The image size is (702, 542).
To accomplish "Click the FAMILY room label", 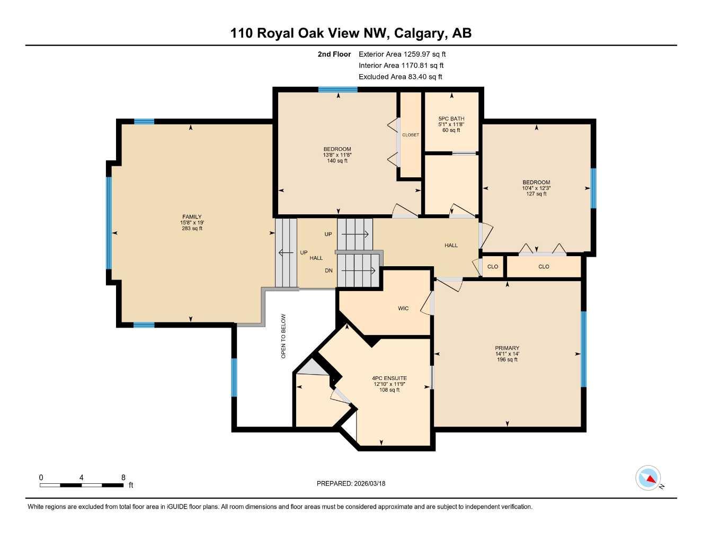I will coord(192,216).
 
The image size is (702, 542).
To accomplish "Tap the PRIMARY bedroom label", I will coord(507,348).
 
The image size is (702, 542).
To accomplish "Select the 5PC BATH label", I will coord(451,119).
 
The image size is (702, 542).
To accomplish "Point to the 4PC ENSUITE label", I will coord(389,378).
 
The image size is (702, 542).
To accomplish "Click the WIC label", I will coord(403,308).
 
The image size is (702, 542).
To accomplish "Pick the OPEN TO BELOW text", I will coord(283,336).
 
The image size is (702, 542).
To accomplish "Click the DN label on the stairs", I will coord(328,270).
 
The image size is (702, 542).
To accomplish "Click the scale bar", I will coord(82,485).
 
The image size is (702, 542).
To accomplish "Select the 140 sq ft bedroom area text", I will coord(337,161).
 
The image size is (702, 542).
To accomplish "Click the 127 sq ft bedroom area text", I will coord(536,194).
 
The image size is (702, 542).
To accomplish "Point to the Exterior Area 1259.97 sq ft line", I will coord(402,54).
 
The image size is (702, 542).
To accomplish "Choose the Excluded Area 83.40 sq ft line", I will coord(400,77).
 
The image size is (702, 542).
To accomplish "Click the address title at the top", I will coord(351,33).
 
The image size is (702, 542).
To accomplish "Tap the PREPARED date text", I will coord(351,483).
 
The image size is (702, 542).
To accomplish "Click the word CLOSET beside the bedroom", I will coord(411,135).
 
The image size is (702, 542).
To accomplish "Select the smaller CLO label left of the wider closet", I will coord(493,267).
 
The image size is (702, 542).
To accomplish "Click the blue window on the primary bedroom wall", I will coord(584,349).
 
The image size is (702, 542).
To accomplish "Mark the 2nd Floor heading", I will coord(334,54).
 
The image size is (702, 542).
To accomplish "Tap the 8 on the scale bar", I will coord(123,477).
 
